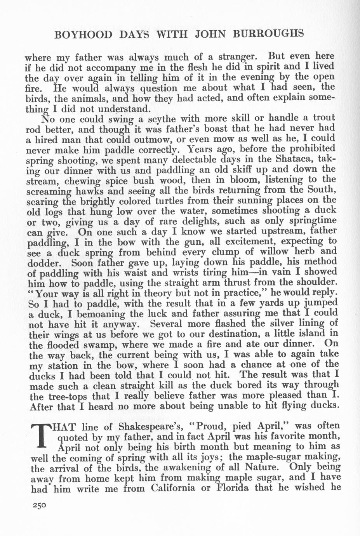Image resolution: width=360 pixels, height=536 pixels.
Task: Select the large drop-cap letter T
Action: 41,437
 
